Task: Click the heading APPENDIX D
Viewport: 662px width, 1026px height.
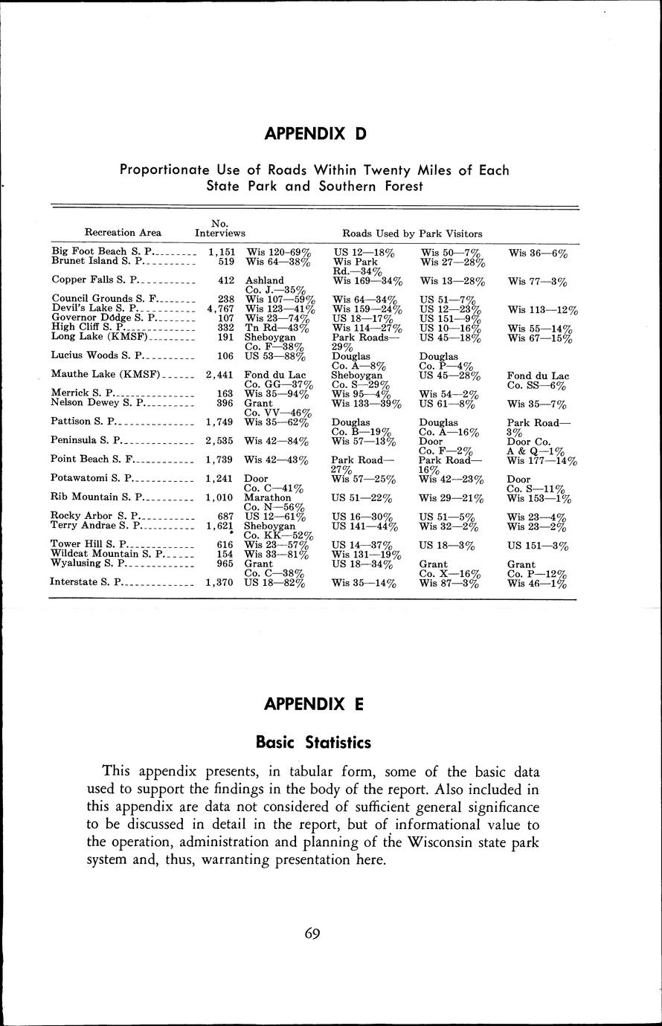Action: [x=315, y=134]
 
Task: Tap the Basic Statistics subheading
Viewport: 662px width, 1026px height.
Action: [x=313, y=742]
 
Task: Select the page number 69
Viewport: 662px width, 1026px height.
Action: [x=312, y=934]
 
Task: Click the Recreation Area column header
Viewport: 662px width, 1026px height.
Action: [x=123, y=233]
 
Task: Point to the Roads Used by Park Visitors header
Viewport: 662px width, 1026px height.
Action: [x=412, y=233]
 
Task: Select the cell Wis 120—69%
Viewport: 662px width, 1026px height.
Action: [x=277, y=254]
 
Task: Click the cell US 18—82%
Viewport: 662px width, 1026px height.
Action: [x=276, y=583]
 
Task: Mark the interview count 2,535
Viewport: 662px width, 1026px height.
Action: [x=221, y=440]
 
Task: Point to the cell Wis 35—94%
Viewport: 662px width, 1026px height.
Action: [x=277, y=394]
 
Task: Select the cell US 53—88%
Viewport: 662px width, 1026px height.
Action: [x=276, y=355]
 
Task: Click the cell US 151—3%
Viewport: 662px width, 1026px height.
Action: [x=538, y=546]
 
